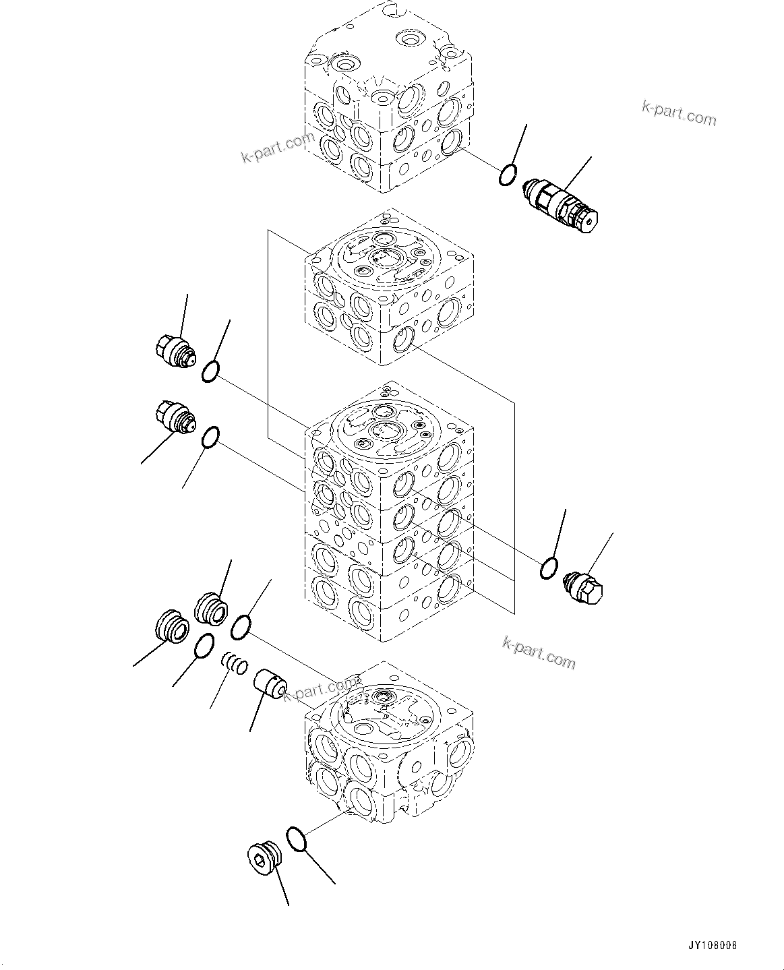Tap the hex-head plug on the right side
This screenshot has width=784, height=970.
(x=584, y=586)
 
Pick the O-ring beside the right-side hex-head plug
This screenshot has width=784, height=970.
(x=549, y=568)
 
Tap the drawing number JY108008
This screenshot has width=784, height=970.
(x=713, y=946)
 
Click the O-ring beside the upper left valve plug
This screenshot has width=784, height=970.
(x=210, y=371)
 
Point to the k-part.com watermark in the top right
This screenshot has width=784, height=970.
(x=678, y=113)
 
